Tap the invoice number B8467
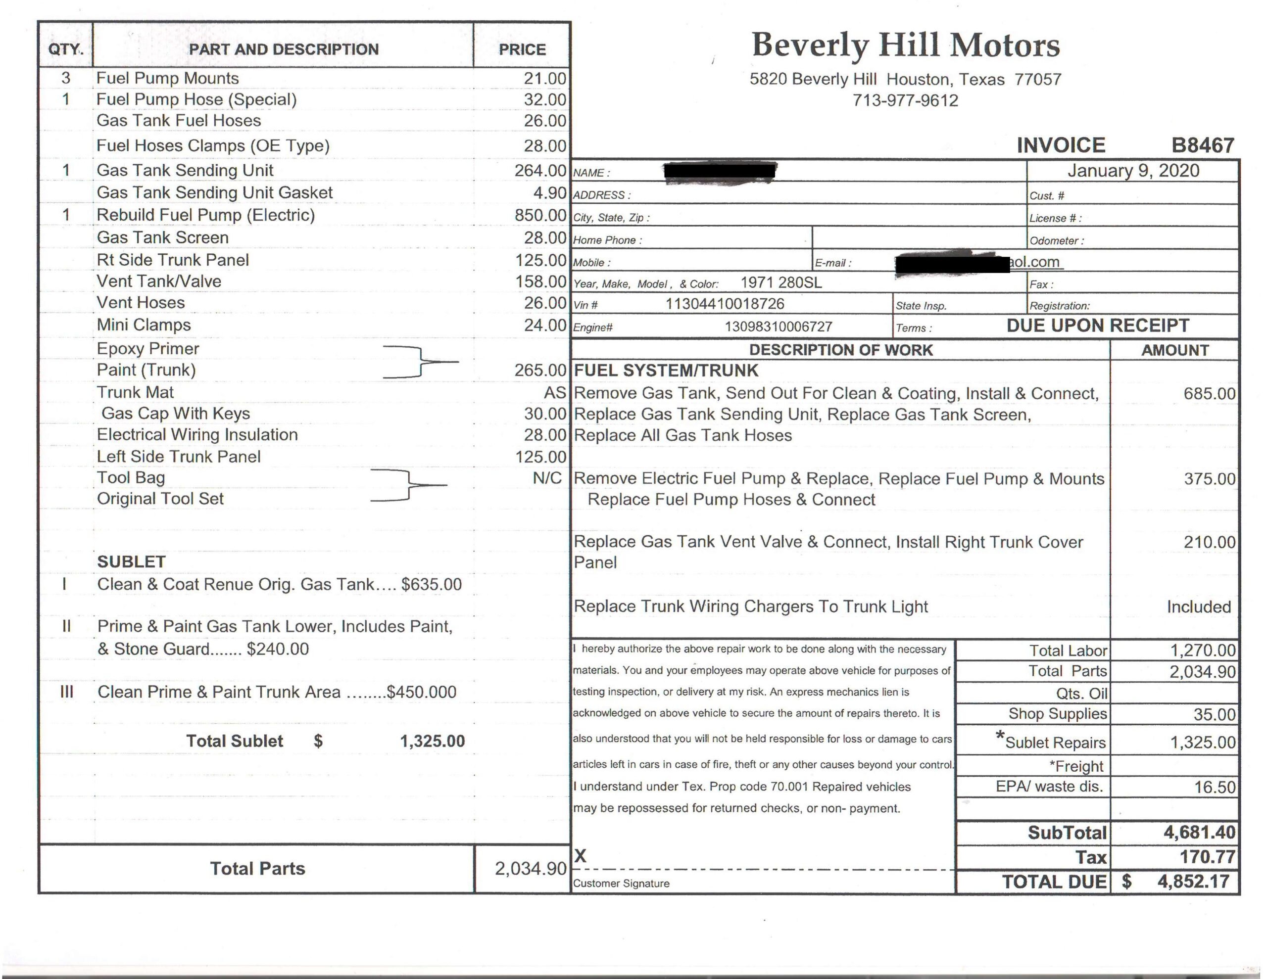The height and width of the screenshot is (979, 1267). pos(1202,145)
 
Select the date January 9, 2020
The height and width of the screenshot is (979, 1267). pos(1133,171)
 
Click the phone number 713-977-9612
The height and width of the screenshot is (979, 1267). pos(905,100)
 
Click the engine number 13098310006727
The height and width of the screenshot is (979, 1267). pos(779,326)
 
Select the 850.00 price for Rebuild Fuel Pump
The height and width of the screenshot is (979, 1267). pos(540,215)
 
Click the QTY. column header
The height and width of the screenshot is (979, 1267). pos(65,49)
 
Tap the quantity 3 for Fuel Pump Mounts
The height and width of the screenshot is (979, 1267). pos(65,78)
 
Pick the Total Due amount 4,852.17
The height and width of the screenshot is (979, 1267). pos(1193,882)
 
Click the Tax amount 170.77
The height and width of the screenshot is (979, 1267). pos(1207,857)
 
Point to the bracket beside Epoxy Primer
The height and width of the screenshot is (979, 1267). pos(421,362)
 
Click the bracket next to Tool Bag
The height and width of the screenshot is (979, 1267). pos(409,485)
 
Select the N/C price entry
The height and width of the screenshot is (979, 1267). pos(547,478)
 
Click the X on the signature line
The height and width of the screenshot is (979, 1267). pos(580,855)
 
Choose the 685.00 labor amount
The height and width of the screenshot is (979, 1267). pos(1210,394)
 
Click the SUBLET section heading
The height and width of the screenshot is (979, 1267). pos(132,561)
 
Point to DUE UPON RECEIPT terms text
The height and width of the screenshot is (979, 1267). pos(1098,326)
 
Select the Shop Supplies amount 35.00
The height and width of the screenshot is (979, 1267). pos(1214,714)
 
